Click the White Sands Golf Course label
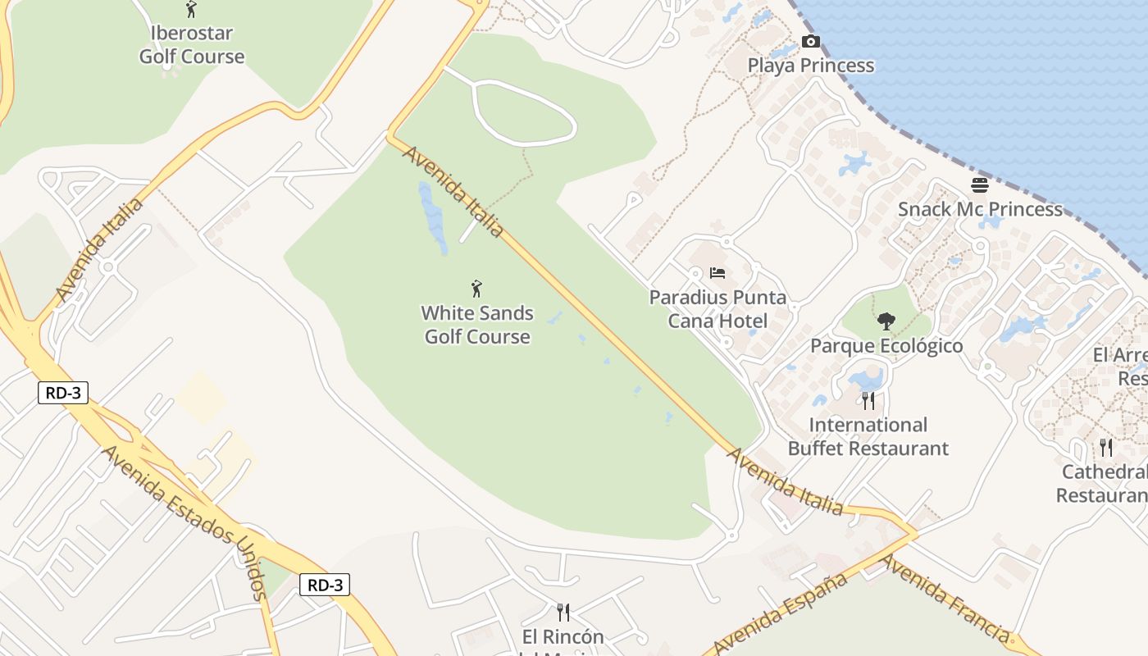(x=477, y=325)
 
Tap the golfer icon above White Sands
(x=476, y=289)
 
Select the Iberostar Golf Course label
(x=192, y=45)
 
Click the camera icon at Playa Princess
(x=810, y=42)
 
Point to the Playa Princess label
(x=810, y=66)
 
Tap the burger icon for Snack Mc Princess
(x=980, y=185)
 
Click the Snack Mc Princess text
(x=980, y=209)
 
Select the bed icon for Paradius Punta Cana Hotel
(x=717, y=272)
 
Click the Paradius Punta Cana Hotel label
(x=717, y=309)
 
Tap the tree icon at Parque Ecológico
(x=886, y=321)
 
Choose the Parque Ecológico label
(x=886, y=346)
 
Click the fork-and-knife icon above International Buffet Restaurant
(x=868, y=401)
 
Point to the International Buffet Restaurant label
(x=868, y=437)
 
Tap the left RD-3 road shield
(x=63, y=393)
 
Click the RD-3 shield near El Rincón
(x=325, y=585)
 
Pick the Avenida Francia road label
(x=943, y=598)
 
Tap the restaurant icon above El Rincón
(x=563, y=613)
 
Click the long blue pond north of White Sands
(x=432, y=217)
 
